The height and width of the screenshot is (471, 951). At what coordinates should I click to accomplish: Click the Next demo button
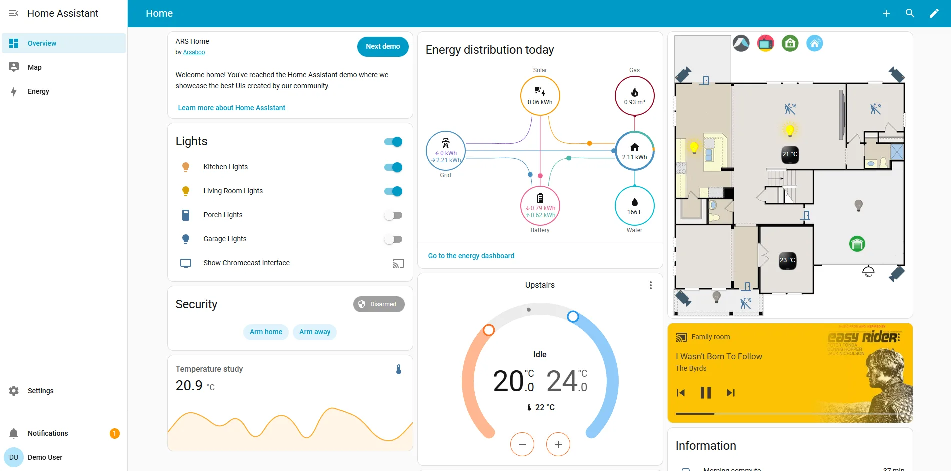383,46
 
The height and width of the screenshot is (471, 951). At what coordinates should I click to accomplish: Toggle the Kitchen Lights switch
393,167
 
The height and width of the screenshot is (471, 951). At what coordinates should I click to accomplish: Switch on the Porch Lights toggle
393,215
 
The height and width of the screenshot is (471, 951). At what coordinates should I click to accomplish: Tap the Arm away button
315,332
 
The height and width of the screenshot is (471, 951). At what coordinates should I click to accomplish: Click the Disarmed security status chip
379,304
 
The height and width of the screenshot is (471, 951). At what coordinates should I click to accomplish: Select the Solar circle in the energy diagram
540,96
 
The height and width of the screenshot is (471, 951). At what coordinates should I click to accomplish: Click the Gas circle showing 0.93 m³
634,96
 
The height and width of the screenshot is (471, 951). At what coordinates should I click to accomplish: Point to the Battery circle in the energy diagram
540,206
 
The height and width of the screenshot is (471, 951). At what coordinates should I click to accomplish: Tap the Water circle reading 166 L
634,206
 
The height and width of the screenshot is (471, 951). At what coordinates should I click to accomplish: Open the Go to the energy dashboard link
471,256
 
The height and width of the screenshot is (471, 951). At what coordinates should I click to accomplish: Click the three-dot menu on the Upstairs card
650,285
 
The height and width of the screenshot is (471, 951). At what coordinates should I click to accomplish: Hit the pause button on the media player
705,393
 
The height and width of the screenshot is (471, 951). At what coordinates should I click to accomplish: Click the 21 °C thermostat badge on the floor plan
790,154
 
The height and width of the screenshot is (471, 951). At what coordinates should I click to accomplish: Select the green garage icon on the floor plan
857,244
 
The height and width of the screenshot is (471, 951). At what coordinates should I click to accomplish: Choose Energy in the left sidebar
38,91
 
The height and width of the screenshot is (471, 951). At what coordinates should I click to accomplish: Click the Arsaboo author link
194,52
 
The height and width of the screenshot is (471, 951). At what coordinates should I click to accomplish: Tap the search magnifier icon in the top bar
910,13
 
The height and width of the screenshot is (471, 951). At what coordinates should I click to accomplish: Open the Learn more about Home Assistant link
231,108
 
